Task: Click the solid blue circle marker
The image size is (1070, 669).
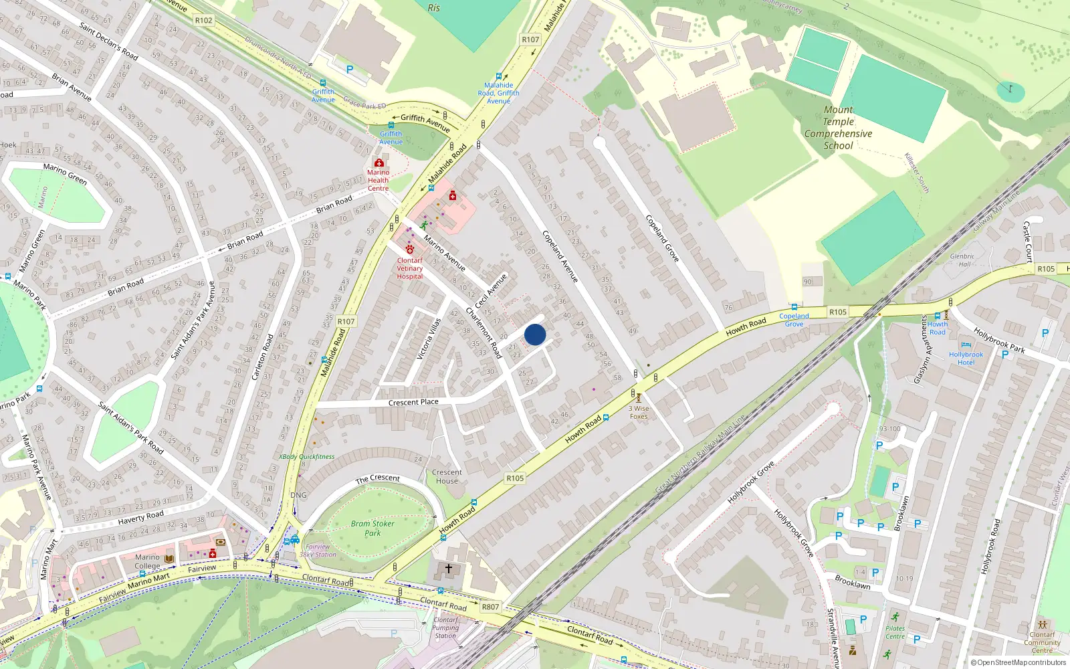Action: [x=535, y=334]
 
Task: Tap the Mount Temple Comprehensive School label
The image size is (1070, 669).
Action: [x=838, y=128]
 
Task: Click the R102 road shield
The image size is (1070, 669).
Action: [x=204, y=21]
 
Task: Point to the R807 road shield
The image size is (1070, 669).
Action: [x=490, y=607]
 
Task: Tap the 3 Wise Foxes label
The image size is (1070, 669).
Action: [x=639, y=412]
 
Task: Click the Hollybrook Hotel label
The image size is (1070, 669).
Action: [x=966, y=359]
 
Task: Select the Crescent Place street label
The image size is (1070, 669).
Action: [x=413, y=402]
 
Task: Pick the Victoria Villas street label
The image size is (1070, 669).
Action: [x=429, y=339]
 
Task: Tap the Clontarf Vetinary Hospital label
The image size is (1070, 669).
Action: [x=410, y=268]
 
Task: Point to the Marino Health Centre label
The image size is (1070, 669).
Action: [x=378, y=180]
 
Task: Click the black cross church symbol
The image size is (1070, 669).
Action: [x=449, y=569]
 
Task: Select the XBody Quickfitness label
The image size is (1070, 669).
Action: [x=306, y=457]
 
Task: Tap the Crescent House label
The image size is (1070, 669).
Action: [x=447, y=476]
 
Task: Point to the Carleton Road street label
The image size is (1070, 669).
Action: [x=262, y=357]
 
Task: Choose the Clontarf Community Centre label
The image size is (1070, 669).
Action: [x=1042, y=642]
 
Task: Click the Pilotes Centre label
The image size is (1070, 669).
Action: [x=895, y=632]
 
